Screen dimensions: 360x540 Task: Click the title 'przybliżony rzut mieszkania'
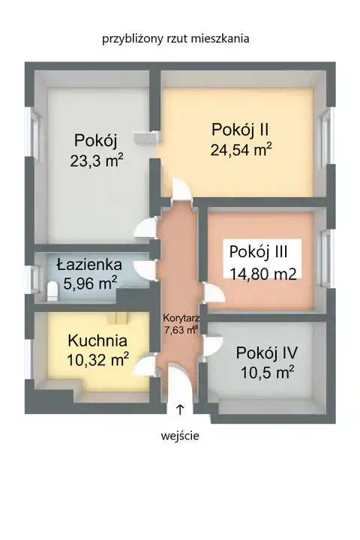[175, 38]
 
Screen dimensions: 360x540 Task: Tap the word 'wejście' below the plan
[180, 436]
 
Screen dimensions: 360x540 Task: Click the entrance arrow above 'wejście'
[180, 409]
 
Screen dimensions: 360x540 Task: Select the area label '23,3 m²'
[97, 160]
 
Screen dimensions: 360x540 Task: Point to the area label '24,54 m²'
[241, 149]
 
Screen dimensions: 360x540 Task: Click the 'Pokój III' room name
[258, 252]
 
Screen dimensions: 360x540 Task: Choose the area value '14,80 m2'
[262, 274]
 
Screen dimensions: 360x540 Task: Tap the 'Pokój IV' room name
[267, 353]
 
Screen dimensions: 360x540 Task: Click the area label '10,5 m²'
[267, 372]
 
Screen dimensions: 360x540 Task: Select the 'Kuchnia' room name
[97, 340]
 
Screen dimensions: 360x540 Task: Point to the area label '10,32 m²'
[97, 360]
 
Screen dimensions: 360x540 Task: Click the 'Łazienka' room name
[89, 265]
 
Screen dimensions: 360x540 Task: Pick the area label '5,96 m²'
[90, 283]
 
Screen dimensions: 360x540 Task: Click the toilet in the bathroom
[52, 291]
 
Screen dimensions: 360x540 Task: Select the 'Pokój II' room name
[240, 130]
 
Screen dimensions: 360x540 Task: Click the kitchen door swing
[145, 365]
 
